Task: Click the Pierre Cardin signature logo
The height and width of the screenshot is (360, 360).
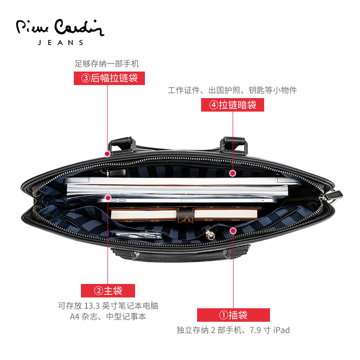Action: pyautogui.click(x=60, y=27)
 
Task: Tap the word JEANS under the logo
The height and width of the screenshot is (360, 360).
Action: pyautogui.click(x=61, y=43)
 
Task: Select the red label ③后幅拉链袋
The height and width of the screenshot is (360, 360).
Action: pyautogui.click(x=109, y=78)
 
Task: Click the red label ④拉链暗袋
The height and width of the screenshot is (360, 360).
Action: pyautogui.click(x=232, y=105)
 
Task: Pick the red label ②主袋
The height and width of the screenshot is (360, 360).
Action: pyautogui.click(x=108, y=290)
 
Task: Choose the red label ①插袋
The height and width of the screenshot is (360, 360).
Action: pyautogui.click(x=233, y=315)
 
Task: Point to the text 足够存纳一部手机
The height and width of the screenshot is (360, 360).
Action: pyautogui.click(x=107, y=64)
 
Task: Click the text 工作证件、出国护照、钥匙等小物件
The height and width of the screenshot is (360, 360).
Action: pyautogui.click(x=232, y=90)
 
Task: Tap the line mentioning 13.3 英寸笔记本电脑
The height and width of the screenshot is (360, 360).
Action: pyautogui.click(x=108, y=306)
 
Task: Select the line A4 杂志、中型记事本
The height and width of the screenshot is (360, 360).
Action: pyautogui.click(x=108, y=317)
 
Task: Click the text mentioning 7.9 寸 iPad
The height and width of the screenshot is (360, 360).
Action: pyautogui.click(x=233, y=330)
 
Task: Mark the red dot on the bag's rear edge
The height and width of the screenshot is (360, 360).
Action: pyautogui.click(x=108, y=153)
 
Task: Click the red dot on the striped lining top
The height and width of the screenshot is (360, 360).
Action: pyautogui.click(x=233, y=173)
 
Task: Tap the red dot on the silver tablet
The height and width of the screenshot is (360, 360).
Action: pyautogui.click(x=108, y=197)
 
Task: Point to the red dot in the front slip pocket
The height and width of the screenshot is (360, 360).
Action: pyautogui.click(x=233, y=231)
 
